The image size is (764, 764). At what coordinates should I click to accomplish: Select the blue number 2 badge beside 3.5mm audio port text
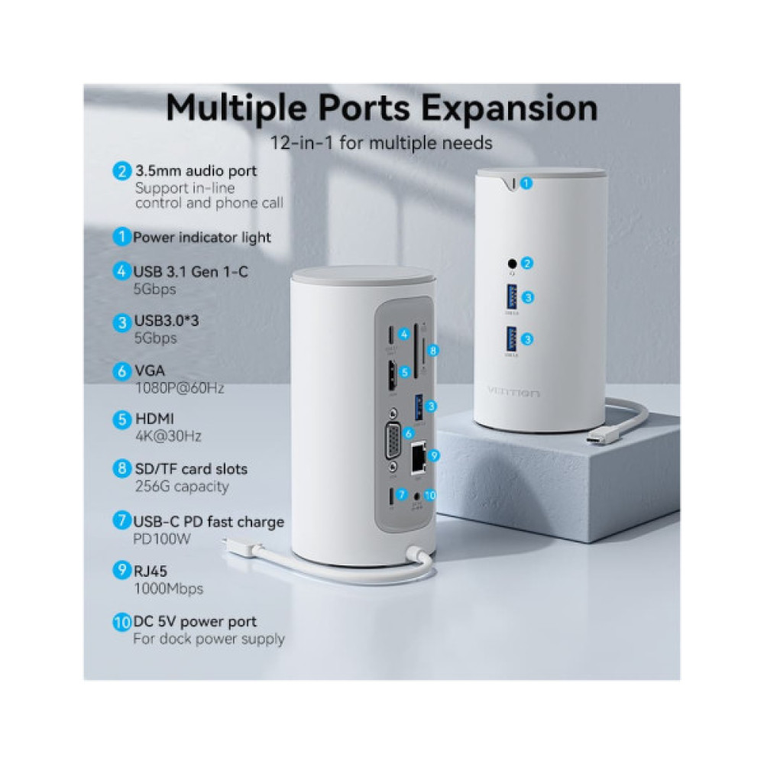click(x=121, y=171)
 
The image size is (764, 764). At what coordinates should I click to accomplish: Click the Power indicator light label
click(x=202, y=238)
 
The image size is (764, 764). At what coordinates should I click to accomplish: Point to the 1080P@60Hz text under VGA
click(x=180, y=388)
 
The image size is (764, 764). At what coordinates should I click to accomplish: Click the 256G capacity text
click(x=182, y=487)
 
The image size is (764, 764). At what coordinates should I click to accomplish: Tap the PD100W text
click(x=161, y=538)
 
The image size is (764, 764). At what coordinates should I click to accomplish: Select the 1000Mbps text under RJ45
click(x=169, y=588)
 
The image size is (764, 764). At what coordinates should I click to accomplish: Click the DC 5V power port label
click(x=195, y=622)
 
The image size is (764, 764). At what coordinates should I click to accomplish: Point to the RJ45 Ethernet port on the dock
click(x=417, y=457)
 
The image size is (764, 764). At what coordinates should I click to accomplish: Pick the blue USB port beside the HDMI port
click(x=418, y=405)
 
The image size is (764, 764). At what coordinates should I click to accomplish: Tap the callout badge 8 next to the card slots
click(x=433, y=351)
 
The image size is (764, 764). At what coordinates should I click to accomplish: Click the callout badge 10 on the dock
click(x=430, y=494)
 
